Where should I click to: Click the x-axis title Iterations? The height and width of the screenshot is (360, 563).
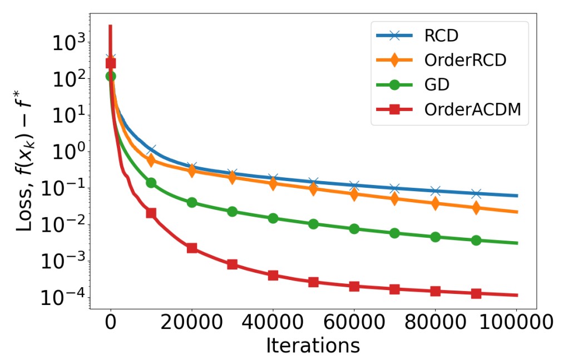coord(313,345)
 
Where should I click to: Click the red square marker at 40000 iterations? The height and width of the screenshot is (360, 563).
coord(273,275)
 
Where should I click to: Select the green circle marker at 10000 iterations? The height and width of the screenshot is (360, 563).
coord(151,183)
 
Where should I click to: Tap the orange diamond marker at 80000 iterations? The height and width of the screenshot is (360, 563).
coord(435,203)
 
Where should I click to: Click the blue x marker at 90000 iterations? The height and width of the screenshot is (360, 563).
coord(476,193)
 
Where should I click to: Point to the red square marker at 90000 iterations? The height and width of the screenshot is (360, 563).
coord(476,293)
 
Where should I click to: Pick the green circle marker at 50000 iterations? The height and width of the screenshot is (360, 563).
coord(313,224)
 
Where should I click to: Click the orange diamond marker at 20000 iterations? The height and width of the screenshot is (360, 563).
coord(191,171)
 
